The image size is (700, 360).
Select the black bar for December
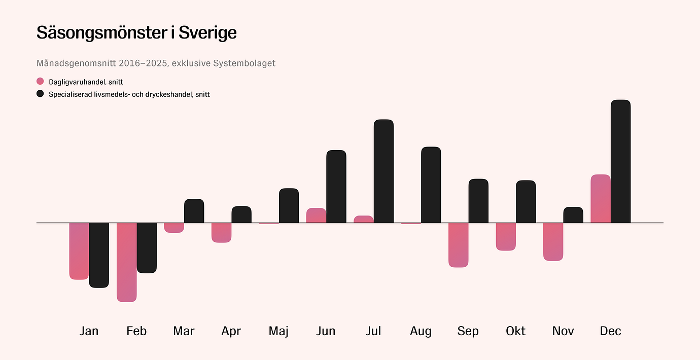620,161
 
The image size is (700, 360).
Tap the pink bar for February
127,262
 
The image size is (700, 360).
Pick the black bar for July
383,171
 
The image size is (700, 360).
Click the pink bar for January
79,251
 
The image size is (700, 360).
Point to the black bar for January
99,255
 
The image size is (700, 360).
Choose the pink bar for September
459,245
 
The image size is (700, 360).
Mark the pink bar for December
601,199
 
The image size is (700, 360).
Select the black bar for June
336,187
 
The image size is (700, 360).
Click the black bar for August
431,185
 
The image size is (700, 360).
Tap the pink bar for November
553,242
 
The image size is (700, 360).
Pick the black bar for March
194,211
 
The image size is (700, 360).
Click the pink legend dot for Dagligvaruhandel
41,82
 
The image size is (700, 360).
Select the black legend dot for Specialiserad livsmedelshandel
41,94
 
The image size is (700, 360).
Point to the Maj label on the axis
278,331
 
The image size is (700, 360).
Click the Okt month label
515,331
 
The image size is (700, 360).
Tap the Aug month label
421,331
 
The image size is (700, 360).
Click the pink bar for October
506,236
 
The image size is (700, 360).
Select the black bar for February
147,248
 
